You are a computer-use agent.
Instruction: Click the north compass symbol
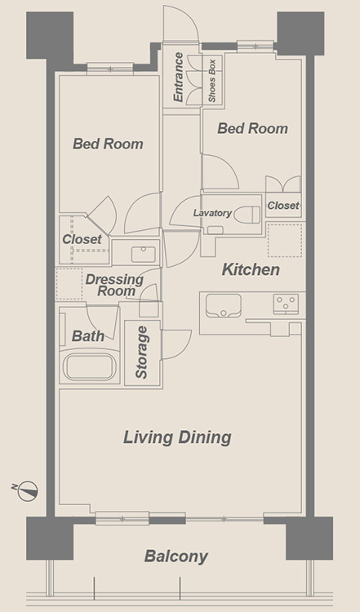[x=28, y=490]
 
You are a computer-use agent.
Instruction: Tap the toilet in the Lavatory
[x=247, y=215]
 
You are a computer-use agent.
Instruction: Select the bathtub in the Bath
[x=90, y=367]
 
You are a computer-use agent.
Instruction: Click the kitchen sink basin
[x=224, y=306]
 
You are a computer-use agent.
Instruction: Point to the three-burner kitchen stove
[x=286, y=304]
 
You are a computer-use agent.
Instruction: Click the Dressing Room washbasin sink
[x=144, y=254]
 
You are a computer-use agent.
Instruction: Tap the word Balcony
[x=176, y=557]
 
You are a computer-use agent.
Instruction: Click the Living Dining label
[x=178, y=437]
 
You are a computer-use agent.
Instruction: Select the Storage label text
[x=141, y=353]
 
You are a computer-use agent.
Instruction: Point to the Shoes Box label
[x=211, y=81]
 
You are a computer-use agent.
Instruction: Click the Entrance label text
[x=178, y=77]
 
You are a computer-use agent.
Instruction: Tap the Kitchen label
[x=251, y=269]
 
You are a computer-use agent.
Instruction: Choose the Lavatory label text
[x=212, y=213]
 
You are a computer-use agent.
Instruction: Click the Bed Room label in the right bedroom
[x=252, y=128]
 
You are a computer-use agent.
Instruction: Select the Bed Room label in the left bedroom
[x=108, y=144]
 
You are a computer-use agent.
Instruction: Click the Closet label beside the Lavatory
[x=283, y=206]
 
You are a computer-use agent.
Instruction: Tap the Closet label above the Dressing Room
[x=82, y=239]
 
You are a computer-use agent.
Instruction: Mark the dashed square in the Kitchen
[x=285, y=241]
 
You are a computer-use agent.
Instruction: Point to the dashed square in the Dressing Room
[x=69, y=284]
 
